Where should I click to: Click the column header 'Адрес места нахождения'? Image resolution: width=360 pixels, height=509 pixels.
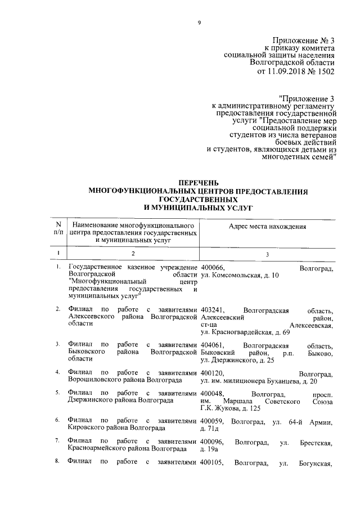point(267,226)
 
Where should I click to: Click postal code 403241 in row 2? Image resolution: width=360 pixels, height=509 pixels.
point(213,310)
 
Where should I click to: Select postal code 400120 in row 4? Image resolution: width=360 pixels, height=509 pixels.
point(213,373)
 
